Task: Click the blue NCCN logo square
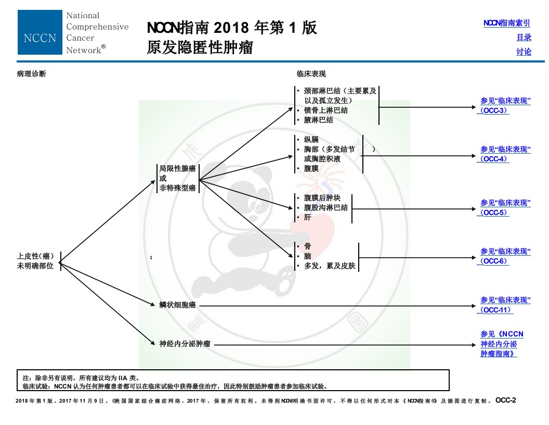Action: [x=40, y=32]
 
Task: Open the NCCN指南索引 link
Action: [x=507, y=23]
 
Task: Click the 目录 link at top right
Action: [x=524, y=37]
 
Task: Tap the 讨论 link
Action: [x=524, y=52]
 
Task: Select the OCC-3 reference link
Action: [x=504, y=106]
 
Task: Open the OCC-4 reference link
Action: [x=504, y=154]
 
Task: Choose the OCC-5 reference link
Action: [x=504, y=208]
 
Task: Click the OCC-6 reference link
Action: [x=504, y=256]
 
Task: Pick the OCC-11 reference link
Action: [x=504, y=305]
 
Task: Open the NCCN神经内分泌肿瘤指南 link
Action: [x=502, y=344]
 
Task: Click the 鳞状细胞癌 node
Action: [x=177, y=305]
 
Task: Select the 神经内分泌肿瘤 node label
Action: [x=185, y=344]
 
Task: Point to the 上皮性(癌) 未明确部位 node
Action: [x=35, y=261]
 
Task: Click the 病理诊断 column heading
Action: [x=32, y=74]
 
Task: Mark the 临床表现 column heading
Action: [x=311, y=74]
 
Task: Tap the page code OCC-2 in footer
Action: [x=505, y=401]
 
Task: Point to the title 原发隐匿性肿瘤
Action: [x=200, y=47]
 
